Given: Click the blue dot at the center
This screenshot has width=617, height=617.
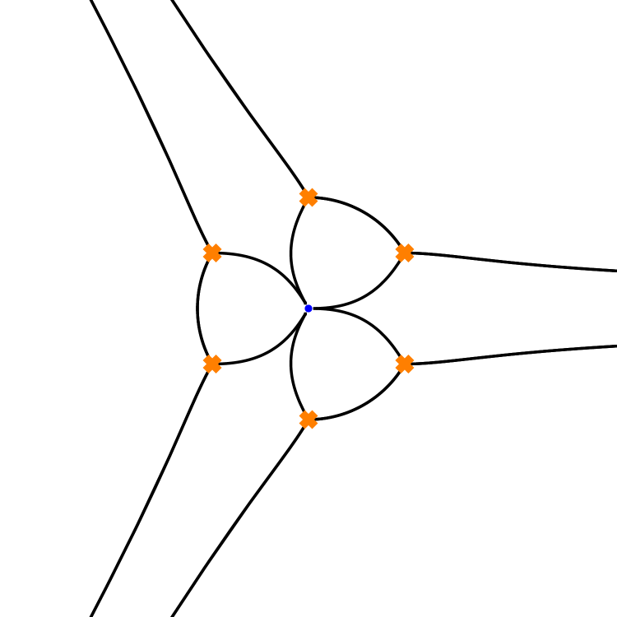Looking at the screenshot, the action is pos(308,308).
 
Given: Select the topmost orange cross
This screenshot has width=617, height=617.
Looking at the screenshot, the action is pos(308,197).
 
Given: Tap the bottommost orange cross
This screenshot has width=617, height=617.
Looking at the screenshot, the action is pos(308,420).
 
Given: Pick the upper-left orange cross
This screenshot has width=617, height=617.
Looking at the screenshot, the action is pos(212,253).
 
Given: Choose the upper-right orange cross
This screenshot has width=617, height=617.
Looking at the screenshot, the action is pos(405,253).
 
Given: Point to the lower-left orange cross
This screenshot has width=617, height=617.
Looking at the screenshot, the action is pos(212,364).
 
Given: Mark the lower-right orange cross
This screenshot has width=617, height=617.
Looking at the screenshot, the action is pos(405,364).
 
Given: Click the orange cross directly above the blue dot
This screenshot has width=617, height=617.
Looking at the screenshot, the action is pos(308,197).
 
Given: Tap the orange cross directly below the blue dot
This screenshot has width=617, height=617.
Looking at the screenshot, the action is pos(308,420).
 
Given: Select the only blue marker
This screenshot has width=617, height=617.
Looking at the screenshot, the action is pos(308,308).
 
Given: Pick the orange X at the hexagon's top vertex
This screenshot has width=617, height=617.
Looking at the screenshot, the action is pos(308,197).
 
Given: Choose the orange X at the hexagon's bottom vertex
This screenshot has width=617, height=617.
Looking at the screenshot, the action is pos(308,420).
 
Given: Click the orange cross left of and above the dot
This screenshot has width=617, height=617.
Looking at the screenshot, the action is pos(212,253).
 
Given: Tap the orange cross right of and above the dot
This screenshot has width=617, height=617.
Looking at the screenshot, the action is pos(405,253).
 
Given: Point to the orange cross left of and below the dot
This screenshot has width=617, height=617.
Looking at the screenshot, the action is pos(212,364).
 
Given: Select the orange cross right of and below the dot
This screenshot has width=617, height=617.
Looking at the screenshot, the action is pos(405,364).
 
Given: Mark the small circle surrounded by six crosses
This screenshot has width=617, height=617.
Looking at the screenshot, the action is pos(308,308).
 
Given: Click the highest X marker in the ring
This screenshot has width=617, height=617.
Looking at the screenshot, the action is pos(308,197).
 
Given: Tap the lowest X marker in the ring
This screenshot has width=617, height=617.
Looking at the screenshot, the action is pos(308,420).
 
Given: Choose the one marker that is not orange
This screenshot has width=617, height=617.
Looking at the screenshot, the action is pos(308,308).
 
